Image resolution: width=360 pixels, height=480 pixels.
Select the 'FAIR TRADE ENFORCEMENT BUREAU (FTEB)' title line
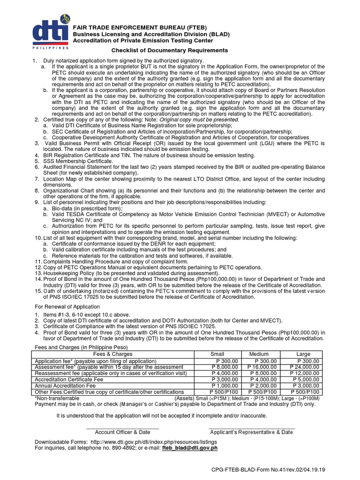coord(134,28)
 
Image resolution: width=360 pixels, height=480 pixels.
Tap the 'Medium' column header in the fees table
coord(259,354)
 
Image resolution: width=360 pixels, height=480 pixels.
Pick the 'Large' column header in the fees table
coord(303,354)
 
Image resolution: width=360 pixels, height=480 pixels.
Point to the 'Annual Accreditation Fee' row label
coord(65,385)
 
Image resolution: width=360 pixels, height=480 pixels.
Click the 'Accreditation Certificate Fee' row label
coord(69,379)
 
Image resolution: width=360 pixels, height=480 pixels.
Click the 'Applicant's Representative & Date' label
coord(251,432)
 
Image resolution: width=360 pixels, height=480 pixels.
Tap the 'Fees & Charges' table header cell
coord(113,354)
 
